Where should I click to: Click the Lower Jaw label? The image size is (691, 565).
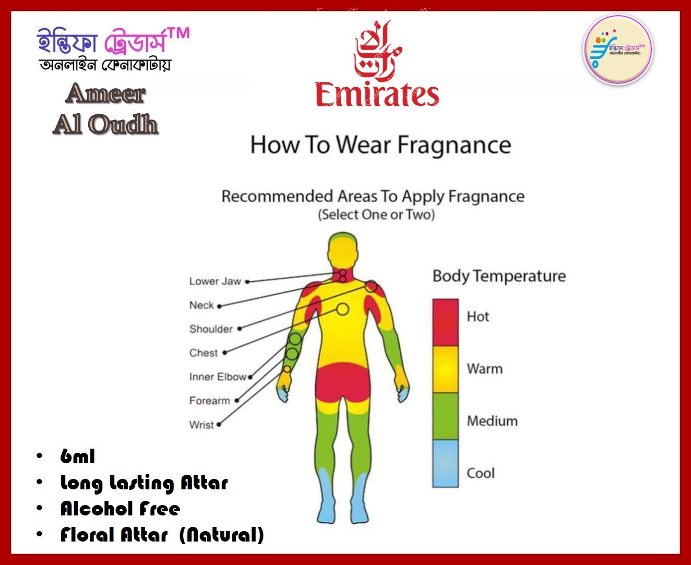pyautogui.click(x=215, y=281)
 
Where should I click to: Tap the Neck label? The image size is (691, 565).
pyautogui.click(x=201, y=305)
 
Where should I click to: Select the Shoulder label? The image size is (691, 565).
pyautogui.click(x=211, y=329)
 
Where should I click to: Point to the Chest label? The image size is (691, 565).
pyautogui.click(x=204, y=353)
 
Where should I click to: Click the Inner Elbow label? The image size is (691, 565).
pyautogui.click(x=218, y=377)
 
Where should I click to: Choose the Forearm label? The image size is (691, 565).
pyautogui.click(x=210, y=401)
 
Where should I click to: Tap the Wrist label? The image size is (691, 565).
pyautogui.click(x=201, y=425)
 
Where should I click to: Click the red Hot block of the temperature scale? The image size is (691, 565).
pyautogui.click(x=445, y=322)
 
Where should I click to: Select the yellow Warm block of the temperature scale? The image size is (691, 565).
pyautogui.click(x=445, y=369)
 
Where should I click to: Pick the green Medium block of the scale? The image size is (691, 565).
pyautogui.click(x=445, y=416)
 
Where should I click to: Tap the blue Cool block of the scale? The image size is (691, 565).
pyautogui.click(x=445, y=463)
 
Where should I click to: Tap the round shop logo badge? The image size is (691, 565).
pyautogui.click(x=618, y=50)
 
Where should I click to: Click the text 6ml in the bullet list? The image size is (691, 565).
pyautogui.click(x=78, y=456)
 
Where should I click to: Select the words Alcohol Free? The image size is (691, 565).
pyautogui.click(x=120, y=509)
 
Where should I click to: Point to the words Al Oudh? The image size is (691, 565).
pyautogui.click(x=105, y=124)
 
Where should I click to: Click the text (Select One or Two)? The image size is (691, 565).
pyautogui.click(x=377, y=215)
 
